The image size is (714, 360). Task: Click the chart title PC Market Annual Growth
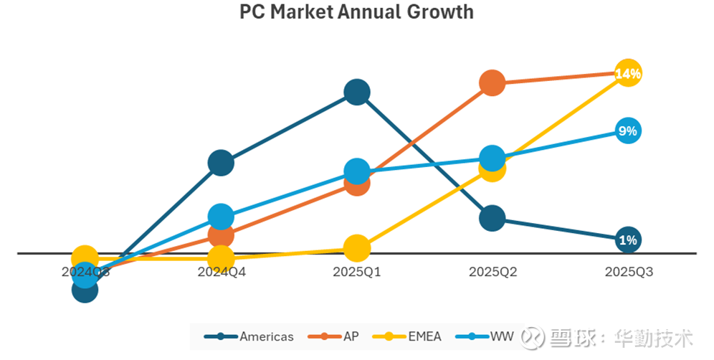pyautogui.click(x=356, y=12)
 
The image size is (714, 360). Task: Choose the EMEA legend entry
pyautogui.click(x=411, y=336)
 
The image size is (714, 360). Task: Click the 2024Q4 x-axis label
pyautogui.click(x=221, y=273)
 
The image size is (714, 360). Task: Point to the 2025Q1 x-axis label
pyautogui.click(x=357, y=273)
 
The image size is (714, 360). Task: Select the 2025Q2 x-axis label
pyautogui.click(x=492, y=273)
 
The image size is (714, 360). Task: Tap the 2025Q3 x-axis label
pyautogui.click(x=628, y=273)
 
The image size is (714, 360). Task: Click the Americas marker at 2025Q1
pyautogui.click(x=357, y=92)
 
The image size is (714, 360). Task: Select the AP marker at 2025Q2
pyautogui.click(x=492, y=83)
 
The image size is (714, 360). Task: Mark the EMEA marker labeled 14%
pyautogui.click(x=628, y=73)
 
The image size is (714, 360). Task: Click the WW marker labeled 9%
pyautogui.click(x=628, y=131)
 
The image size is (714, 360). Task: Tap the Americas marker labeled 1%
pyautogui.click(x=628, y=240)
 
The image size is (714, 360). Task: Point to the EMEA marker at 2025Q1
pyautogui.click(x=357, y=248)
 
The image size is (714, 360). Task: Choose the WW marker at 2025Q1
pyautogui.click(x=357, y=171)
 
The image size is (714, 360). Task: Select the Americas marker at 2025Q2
pyautogui.click(x=492, y=217)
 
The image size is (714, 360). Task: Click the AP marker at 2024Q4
pyautogui.click(x=221, y=235)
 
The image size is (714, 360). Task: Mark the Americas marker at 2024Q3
pyautogui.click(x=85, y=290)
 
